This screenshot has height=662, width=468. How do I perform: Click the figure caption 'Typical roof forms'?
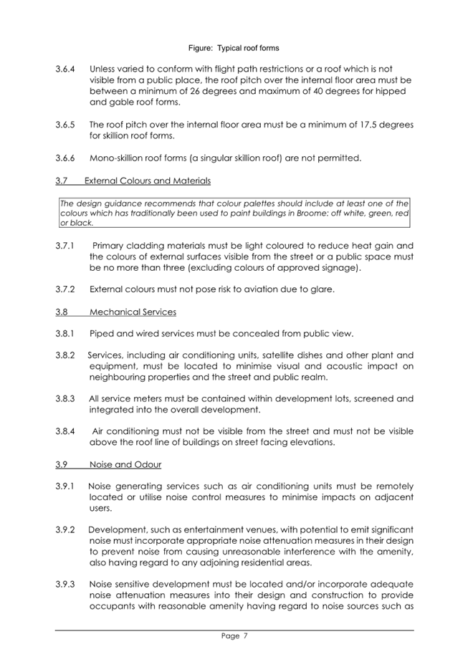coord(234,48)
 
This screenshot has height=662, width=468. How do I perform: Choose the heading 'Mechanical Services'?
coord(133,312)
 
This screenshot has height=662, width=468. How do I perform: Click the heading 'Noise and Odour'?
coord(125,464)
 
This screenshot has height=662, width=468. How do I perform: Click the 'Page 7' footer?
coord(234,635)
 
